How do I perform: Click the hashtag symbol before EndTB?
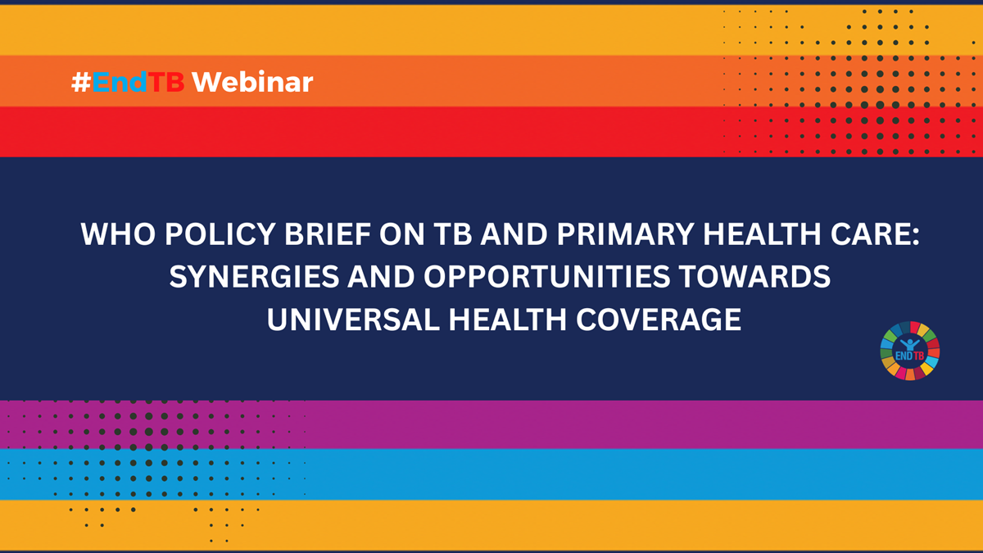click(81, 82)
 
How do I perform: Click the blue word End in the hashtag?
click(120, 82)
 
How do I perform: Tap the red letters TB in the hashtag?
click(165, 82)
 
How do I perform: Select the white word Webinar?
click(252, 82)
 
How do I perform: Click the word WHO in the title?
click(118, 233)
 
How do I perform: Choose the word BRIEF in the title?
click(328, 233)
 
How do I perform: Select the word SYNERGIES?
click(254, 277)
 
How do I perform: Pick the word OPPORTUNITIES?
click(546, 277)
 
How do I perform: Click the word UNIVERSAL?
click(353, 319)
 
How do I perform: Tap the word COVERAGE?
click(659, 319)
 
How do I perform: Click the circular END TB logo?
click(910, 351)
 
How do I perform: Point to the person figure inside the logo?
click(910, 345)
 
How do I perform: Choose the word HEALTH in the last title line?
click(508, 319)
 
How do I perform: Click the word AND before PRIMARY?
click(514, 233)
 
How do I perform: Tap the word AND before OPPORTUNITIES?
click(381, 277)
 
